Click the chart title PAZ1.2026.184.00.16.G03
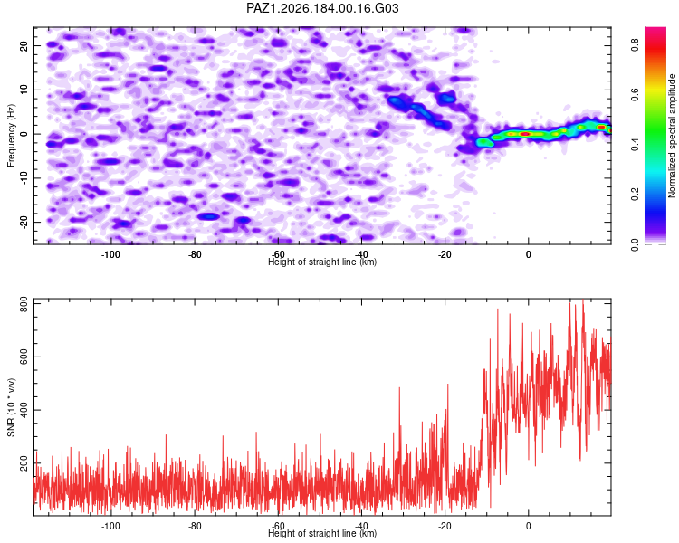(322, 8)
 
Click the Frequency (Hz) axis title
(11, 136)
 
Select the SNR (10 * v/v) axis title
(11, 407)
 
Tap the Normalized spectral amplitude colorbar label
(672, 136)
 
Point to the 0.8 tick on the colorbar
(635, 44)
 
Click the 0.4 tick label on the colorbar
(635, 145)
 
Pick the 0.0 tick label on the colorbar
(635, 244)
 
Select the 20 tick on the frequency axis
(24, 45)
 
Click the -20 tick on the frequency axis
(24, 222)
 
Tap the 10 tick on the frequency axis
(24, 90)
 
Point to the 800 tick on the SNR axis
(24, 304)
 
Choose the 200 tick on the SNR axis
(24, 462)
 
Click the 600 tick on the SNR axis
(24, 357)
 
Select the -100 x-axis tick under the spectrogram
(110, 254)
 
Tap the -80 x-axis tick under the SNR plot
(195, 526)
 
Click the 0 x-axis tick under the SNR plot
(529, 526)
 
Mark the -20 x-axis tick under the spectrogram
(445, 254)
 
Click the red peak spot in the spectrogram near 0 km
(525, 134)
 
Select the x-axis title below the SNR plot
(322, 533)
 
